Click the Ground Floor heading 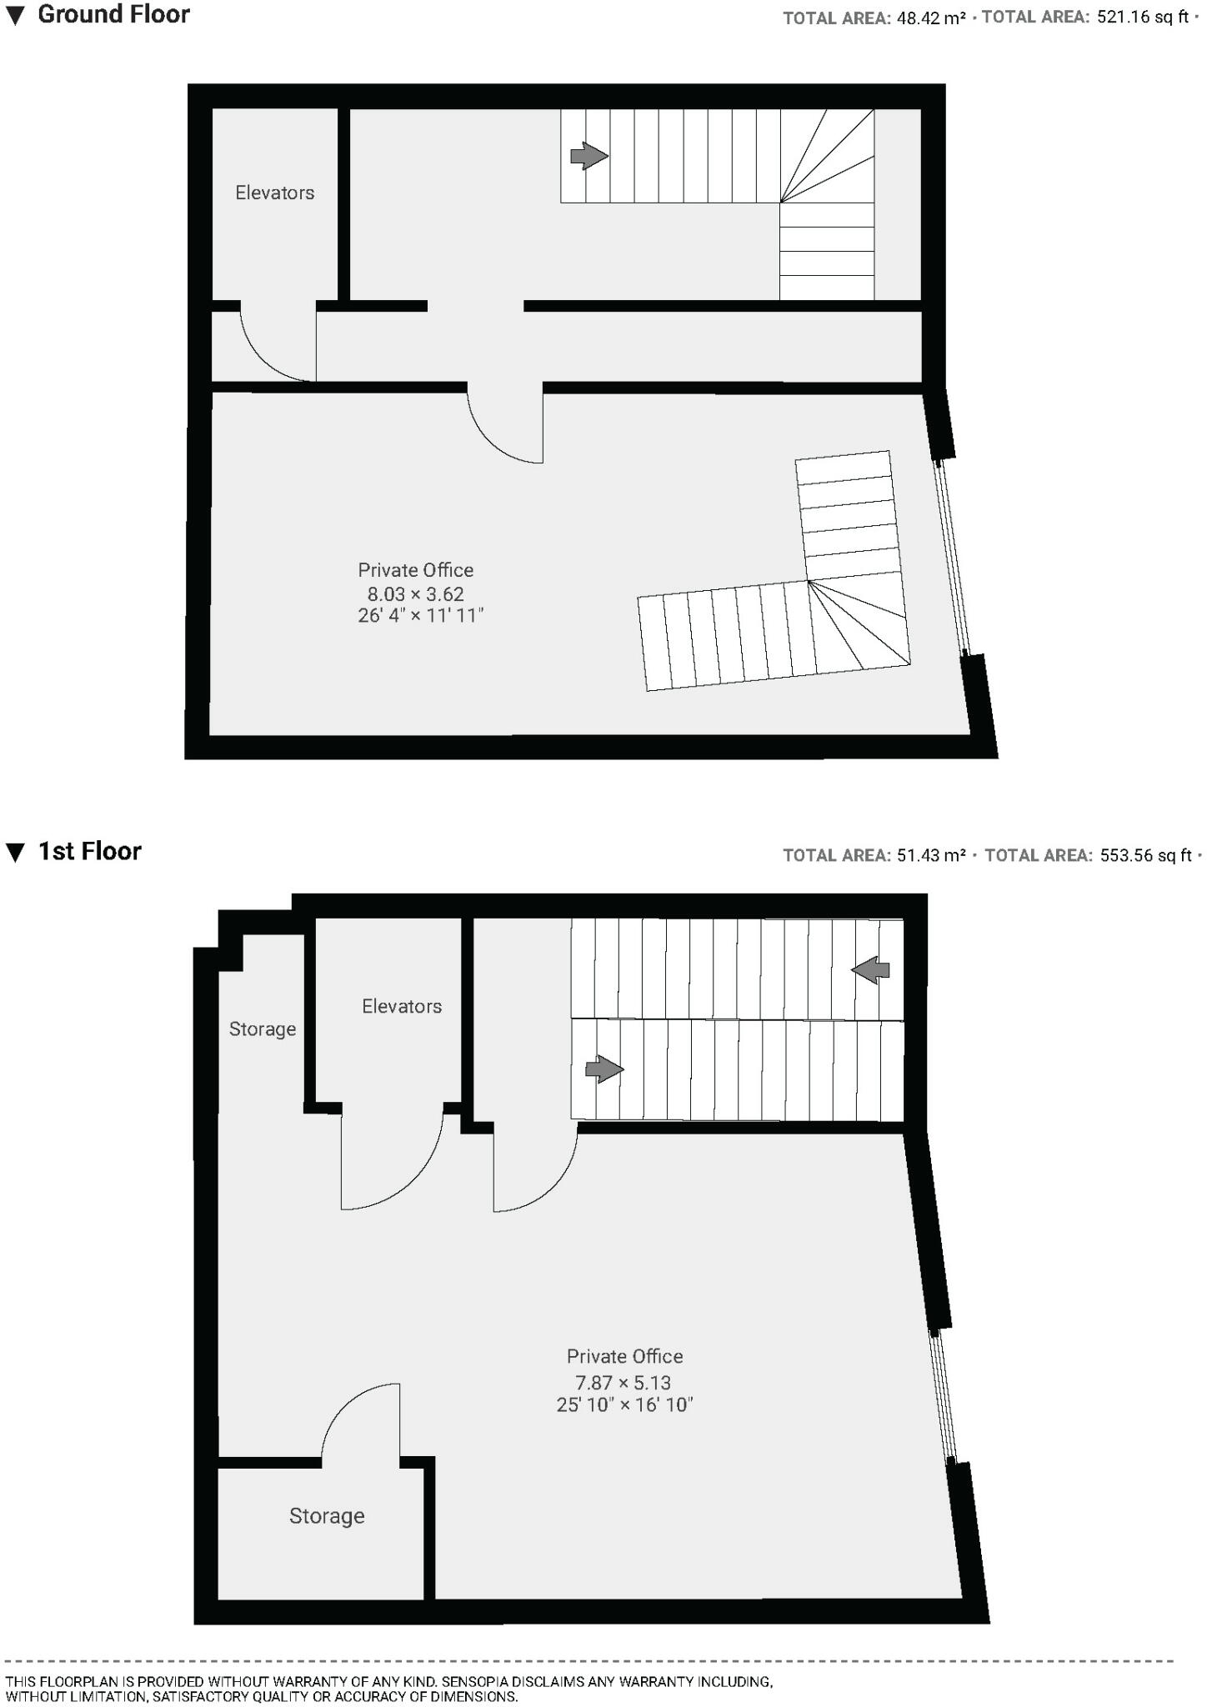pyautogui.click(x=113, y=15)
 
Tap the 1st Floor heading pyautogui.click(x=89, y=851)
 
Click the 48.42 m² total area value pyautogui.click(x=930, y=18)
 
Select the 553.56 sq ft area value pyautogui.click(x=1146, y=855)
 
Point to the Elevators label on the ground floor pyautogui.click(x=274, y=193)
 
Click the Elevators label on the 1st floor pyautogui.click(x=401, y=1006)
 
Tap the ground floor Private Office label pyautogui.click(x=415, y=570)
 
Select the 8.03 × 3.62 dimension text pyautogui.click(x=415, y=594)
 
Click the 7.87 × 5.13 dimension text pyautogui.click(x=624, y=1383)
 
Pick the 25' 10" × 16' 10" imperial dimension pyautogui.click(x=624, y=1405)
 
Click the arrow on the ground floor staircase pyautogui.click(x=588, y=155)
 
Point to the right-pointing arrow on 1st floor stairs pyautogui.click(x=604, y=1069)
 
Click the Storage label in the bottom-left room pyautogui.click(x=327, y=1515)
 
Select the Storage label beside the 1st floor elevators pyautogui.click(x=263, y=1029)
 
